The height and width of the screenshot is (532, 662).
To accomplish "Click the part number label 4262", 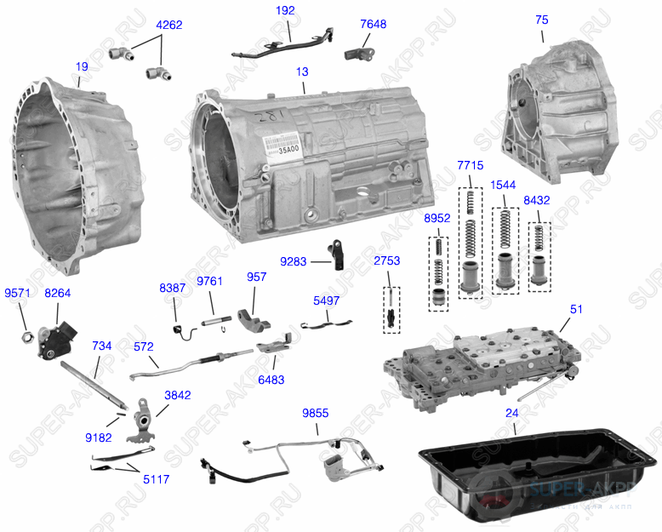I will (x=169, y=26).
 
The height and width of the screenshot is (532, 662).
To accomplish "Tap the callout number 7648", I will (x=373, y=24).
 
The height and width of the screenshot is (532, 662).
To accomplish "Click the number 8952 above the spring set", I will (x=437, y=219).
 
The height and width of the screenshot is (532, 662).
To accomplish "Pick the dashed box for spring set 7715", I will (x=471, y=239).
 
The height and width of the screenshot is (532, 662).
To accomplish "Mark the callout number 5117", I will (x=156, y=479).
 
